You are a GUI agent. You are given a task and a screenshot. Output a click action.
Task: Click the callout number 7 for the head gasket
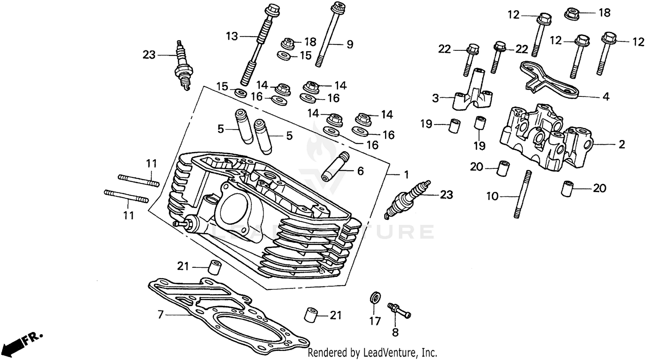click(x=160, y=315)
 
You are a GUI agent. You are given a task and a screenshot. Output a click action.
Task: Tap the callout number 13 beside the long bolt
click(x=232, y=36)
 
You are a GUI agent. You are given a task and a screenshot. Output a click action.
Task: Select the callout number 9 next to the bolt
click(x=349, y=43)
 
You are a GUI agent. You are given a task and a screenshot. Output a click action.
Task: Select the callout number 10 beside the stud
click(x=492, y=197)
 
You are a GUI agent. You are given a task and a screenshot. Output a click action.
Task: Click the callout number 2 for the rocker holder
click(x=621, y=144)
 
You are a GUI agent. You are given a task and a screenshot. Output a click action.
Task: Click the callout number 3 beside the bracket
click(x=436, y=98)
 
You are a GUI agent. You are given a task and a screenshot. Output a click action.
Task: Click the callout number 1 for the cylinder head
click(x=405, y=175)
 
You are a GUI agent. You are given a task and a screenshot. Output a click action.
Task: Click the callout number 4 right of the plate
click(x=606, y=97)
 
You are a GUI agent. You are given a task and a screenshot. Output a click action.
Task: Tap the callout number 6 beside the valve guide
click(x=360, y=171)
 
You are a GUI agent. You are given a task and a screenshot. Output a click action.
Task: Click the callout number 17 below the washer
click(x=375, y=321)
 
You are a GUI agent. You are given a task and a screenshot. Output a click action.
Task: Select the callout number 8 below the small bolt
click(x=395, y=332)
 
